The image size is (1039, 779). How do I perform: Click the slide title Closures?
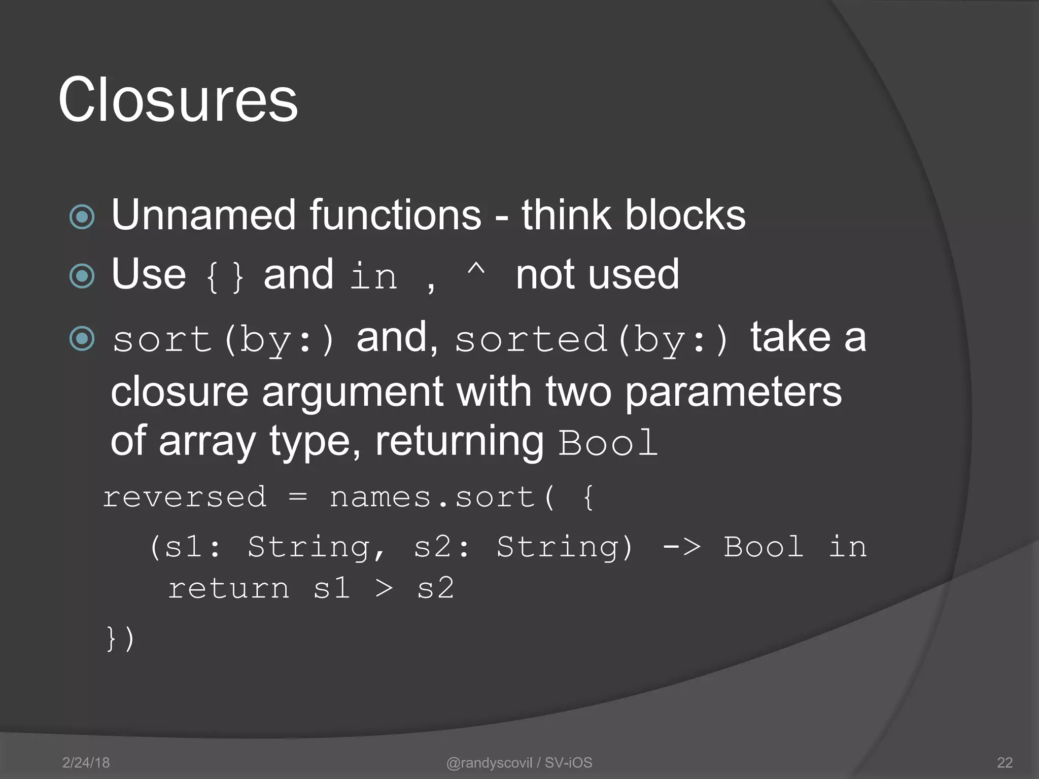(178, 99)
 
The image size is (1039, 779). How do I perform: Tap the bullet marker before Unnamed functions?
(82, 217)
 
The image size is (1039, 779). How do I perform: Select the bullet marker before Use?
(82, 276)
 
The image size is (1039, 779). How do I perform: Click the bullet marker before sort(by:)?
(82, 339)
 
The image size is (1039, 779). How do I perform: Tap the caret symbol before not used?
(475, 270)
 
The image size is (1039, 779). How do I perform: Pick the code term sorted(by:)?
(592, 340)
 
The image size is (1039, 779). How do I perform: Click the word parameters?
(733, 392)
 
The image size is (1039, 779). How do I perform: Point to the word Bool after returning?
(608, 443)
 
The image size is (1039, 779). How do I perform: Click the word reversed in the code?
(185, 497)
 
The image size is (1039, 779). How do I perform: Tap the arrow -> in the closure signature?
(682, 547)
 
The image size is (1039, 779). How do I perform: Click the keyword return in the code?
(229, 589)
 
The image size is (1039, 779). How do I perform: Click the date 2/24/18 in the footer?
(86, 762)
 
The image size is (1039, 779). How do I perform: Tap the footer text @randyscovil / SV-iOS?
(519, 762)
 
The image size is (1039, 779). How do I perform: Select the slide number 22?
(1005, 762)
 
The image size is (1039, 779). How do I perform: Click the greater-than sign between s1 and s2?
(384, 589)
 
